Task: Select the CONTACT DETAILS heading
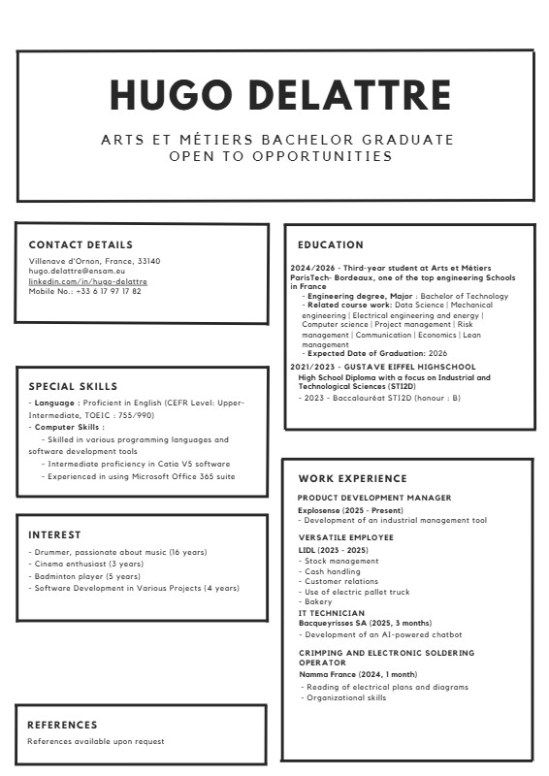tap(81, 245)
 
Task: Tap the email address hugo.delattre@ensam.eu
tap(77, 272)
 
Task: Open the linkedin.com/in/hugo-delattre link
tap(87, 281)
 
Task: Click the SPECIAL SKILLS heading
tap(73, 386)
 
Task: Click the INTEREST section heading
tap(54, 535)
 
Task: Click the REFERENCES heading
tap(62, 725)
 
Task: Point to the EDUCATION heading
tap(331, 245)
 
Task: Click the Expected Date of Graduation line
tap(376, 354)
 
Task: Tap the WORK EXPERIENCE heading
tap(352, 479)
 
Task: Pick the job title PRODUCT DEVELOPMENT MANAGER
tap(374, 498)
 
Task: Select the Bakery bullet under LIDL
tap(318, 602)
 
